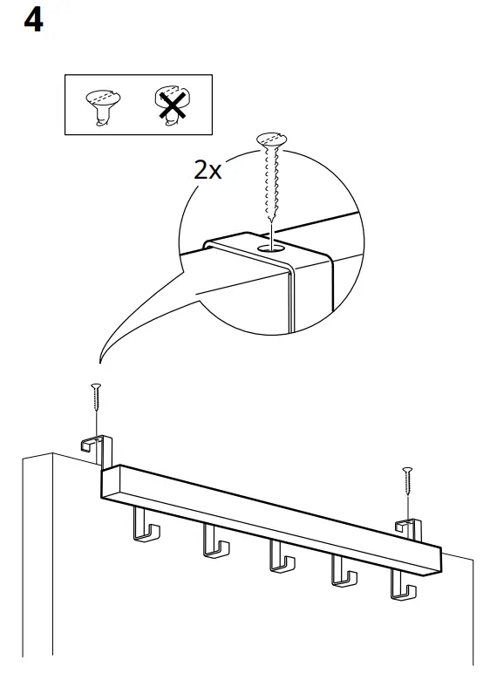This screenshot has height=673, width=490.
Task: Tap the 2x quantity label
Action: coord(208,169)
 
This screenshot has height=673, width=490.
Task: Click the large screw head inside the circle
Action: coord(269,139)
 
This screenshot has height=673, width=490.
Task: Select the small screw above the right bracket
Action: coord(406,489)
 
